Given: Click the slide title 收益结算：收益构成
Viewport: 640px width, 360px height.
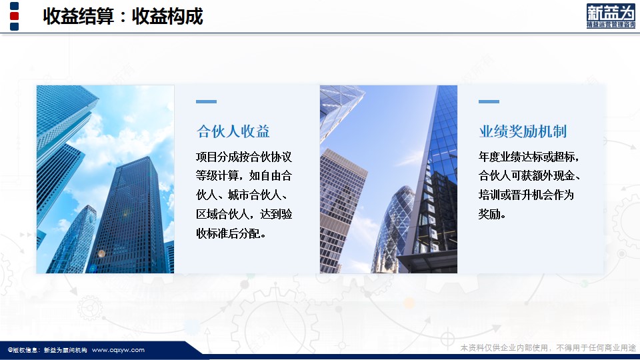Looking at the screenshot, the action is (x=123, y=16).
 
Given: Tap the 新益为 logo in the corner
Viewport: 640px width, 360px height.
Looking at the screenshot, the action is (x=611, y=16).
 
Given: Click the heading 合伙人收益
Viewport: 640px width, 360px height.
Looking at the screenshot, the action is (x=233, y=131).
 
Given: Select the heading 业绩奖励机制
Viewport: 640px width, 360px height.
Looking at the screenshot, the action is (x=523, y=131).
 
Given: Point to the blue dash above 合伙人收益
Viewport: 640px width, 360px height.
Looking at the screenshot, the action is (x=206, y=101).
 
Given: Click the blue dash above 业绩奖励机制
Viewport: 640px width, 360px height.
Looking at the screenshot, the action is (x=489, y=101).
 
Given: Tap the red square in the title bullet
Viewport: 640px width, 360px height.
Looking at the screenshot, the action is (x=14, y=16).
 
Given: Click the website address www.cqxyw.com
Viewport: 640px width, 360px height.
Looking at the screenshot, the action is (x=118, y=350).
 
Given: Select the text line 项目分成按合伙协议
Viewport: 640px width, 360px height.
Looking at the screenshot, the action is (x=244, y=157).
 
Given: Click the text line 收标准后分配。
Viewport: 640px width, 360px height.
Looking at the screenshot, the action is (x=231, y=233).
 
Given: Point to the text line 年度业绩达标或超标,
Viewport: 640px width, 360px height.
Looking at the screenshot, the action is (x=529, y=157).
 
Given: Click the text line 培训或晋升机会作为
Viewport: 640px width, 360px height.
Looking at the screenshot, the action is (x=526, y=195).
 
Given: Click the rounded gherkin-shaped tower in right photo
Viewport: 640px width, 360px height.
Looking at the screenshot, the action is (x=393, y=229).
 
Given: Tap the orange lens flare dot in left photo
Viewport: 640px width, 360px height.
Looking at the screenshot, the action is (x=101, y=253).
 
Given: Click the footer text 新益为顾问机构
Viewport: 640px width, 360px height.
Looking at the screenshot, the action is (x=65, y=350).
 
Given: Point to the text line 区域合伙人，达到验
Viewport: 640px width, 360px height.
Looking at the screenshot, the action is (x=244, y=214).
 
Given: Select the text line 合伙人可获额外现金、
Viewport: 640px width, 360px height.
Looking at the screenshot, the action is (x=529, y=175).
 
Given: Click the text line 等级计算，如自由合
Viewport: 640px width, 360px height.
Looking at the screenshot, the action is (x=244, y=175).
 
